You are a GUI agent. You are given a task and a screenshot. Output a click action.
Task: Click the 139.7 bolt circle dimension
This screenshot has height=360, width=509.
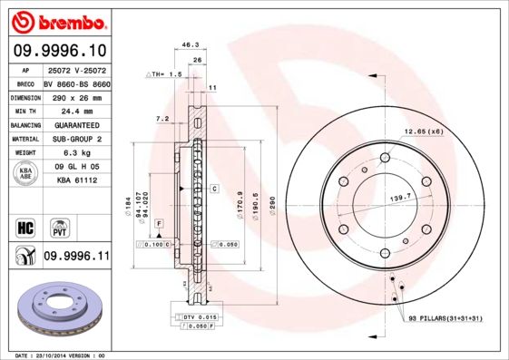[x=401, y=196]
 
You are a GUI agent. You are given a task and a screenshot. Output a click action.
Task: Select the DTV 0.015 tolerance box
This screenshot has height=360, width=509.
[x=194, y=315]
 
